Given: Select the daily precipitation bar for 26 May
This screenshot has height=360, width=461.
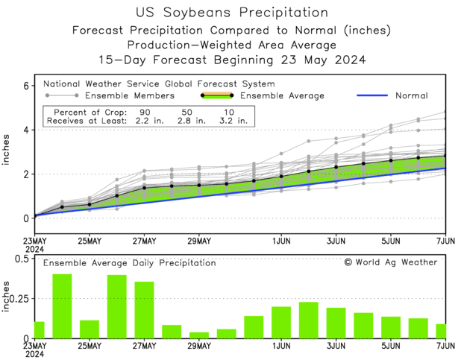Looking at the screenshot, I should coord(117,306).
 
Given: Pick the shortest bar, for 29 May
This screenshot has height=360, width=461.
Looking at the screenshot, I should coord(199,335).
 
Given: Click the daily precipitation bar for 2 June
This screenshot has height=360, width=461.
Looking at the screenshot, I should coord(309,320).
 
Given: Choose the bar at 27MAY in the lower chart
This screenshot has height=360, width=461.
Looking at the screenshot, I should coord(144,309).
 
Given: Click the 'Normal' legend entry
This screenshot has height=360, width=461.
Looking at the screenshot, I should coord(412,95).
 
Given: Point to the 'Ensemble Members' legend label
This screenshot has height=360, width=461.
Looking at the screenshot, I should coord(130,95).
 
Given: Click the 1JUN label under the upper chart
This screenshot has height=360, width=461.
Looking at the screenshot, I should coord(281,241).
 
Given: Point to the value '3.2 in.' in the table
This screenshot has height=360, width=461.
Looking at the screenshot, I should coord(233,119).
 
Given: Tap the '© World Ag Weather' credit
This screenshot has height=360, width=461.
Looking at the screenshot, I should coord(391,262).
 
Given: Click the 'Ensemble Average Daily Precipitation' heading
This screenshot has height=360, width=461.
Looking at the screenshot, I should coord(129,263).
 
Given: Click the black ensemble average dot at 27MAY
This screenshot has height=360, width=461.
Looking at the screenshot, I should coord(144,188).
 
